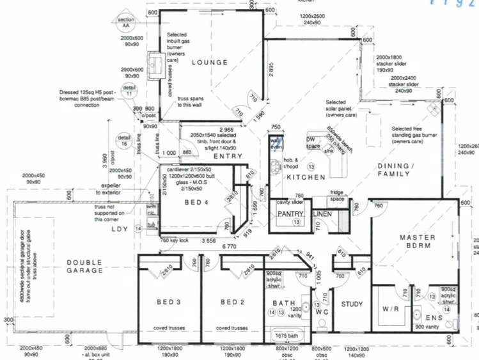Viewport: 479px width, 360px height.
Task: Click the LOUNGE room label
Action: coord(208,63)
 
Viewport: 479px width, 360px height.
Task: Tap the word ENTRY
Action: coord(228,156)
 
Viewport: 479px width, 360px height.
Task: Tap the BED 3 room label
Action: coord(170,302)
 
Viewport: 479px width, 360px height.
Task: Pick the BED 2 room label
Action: coord(233,302)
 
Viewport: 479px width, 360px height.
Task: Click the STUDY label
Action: coord(352,304)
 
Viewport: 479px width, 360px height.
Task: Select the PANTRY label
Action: coord(289,214)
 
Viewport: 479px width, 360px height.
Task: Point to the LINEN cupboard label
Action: coord(322,214)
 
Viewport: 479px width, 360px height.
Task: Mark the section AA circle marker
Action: coord(125,24)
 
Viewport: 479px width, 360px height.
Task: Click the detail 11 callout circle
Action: coord(130,90)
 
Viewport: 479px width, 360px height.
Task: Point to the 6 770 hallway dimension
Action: coord(228,246)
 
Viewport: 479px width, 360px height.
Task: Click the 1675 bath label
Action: coord(287,336)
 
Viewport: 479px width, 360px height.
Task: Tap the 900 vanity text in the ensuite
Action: coord(427,327)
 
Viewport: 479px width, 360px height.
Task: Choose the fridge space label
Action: coord(337,196)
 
